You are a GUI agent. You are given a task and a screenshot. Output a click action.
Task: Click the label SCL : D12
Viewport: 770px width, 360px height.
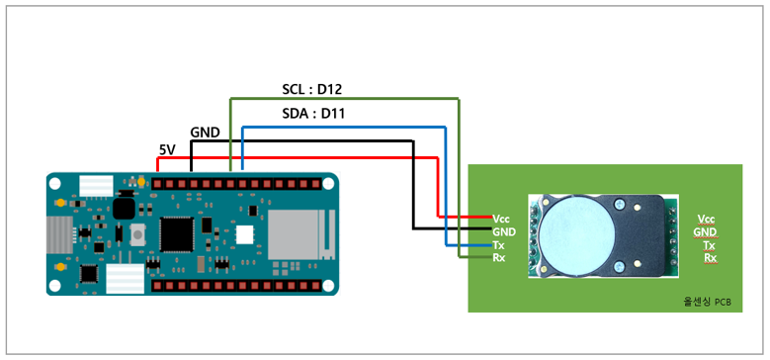click(311, 90)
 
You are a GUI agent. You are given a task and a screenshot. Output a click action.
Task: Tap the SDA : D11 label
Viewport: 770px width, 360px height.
click(313, 115)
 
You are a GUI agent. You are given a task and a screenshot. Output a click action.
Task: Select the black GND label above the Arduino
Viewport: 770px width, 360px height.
click(206, 132)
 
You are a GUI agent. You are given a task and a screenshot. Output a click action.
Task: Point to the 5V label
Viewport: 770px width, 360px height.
click(166, 149)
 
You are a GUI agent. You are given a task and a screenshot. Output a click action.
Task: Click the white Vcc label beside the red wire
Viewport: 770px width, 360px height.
click(500, 218)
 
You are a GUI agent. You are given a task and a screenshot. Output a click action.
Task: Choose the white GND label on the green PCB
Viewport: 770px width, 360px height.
click(503, 231)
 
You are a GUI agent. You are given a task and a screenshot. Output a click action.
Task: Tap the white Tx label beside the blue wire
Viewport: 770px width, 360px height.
click(498, 244)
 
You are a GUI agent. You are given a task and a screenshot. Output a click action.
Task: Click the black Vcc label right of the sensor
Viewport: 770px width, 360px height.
click(706, 219)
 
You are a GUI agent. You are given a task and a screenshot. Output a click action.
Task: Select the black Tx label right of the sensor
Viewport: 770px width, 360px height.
click(709, 244)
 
